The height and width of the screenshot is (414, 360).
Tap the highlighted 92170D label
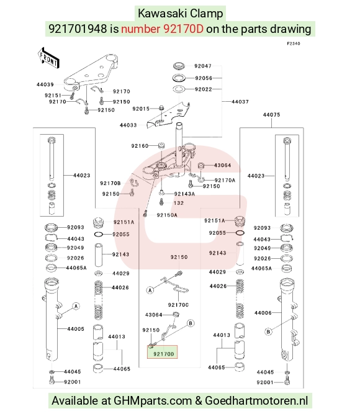click(164, 354)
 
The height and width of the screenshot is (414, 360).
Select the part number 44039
click(45, 84)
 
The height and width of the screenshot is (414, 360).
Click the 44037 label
click(240, 102)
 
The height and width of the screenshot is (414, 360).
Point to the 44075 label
click(271, 115)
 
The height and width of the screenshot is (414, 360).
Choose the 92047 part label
click(203, 66)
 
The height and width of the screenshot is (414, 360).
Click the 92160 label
click(140, 146)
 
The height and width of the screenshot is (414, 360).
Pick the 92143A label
click(184, 194)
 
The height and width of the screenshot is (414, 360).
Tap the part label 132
click(179, 203)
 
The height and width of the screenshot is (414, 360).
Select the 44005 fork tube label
click(76, 329)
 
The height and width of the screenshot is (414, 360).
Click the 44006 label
click(263, 313)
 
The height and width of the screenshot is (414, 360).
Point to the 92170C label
click(178, 305)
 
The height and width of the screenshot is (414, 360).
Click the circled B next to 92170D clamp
click(191, 323)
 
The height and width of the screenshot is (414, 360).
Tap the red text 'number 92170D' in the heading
click(162, 29)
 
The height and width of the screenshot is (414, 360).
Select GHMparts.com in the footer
click(153, 401)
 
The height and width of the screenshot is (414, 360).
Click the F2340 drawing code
click(294, 43)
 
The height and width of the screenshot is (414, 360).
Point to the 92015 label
click(141, 109)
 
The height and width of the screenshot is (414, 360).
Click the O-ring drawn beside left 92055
click(99, 234)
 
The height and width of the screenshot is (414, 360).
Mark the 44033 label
click(128, 125)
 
